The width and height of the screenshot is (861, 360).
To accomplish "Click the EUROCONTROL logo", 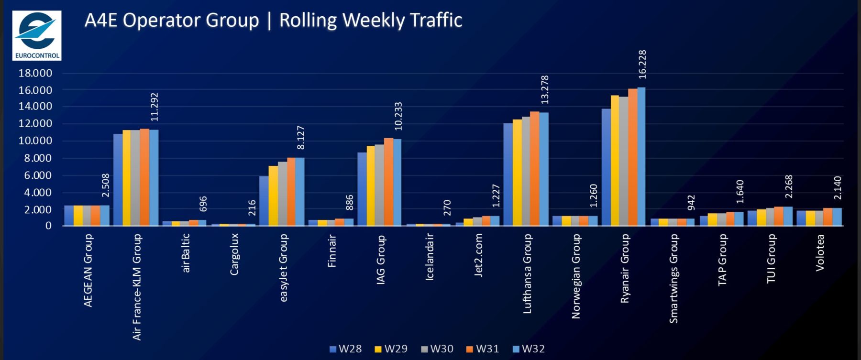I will coord(37,35).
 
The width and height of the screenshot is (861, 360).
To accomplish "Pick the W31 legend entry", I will coord(483,349).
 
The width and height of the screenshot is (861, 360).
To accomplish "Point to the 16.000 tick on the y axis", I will coord(35,90).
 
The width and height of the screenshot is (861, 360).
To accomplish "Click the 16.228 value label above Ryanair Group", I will coord(642,65).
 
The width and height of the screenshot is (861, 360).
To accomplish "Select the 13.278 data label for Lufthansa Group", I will coord(544,89).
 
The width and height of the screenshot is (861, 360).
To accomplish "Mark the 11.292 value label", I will coord(154,107).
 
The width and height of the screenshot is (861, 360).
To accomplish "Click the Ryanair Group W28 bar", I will coord(606,167).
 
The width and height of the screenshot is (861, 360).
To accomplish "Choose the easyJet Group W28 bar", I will coord(264,201).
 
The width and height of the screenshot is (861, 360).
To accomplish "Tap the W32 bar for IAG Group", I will coord(397,182).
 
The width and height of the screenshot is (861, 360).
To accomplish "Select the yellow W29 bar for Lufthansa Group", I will coord(517,173).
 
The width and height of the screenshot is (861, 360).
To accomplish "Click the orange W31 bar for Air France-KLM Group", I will coord(144,177).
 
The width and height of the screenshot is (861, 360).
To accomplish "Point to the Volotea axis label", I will coord(820,252).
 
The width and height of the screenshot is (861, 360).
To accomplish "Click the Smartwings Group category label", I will coord(673,278).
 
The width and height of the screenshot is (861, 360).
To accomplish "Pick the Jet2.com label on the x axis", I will coord(478,255).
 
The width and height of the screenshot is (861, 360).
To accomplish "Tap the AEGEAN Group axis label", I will coord(88,270).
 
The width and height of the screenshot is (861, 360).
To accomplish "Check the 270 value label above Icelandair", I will coord(447,207).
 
